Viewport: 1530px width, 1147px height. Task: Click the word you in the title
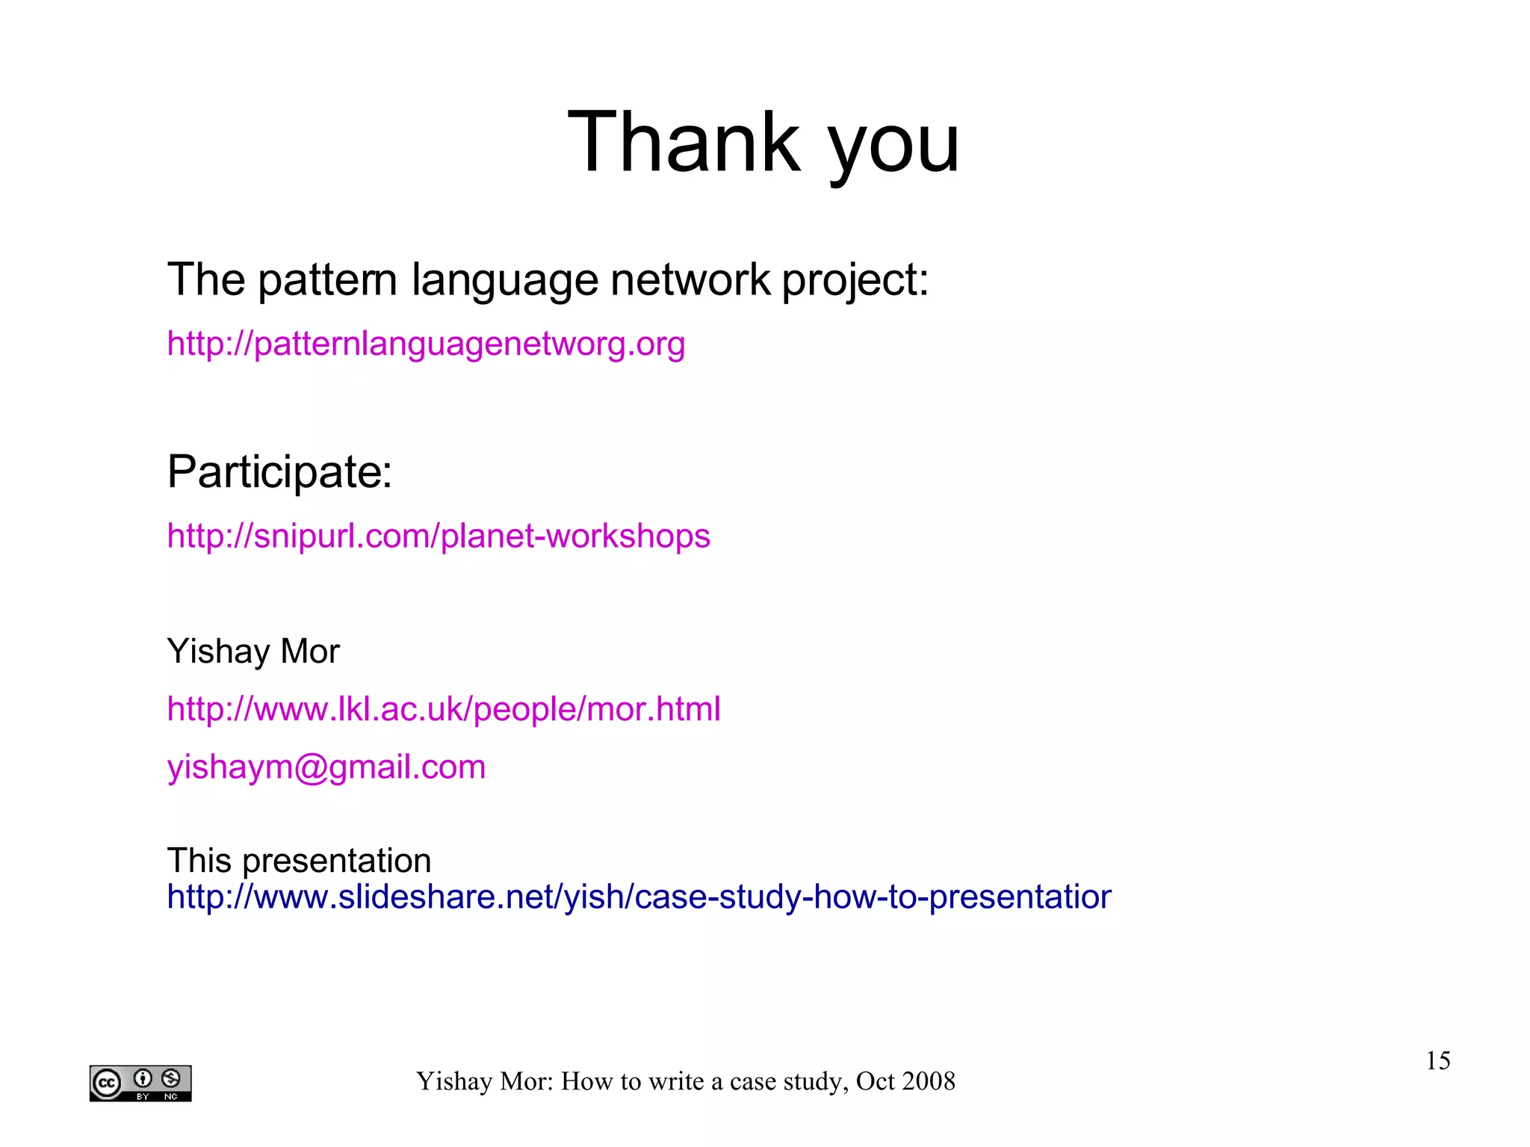pyautogui.click(x=893, y=146)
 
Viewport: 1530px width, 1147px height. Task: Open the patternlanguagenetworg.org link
pyautogui.click(x=426, y=344)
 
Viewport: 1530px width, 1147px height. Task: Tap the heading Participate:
pyautogui.click(x=279, y=472)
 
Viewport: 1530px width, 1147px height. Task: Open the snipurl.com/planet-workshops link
pyautogui.click(x=439, y=536)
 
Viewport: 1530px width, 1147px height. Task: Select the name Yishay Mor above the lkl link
pyautogui.click(x=253, y=651)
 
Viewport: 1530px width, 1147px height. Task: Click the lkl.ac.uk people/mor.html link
pyautogui.click(x=444, y=708)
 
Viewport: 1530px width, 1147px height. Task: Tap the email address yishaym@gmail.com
pyautogui.click(x=326, y=767)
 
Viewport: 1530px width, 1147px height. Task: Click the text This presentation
pyautogui.click(x=299, y=860)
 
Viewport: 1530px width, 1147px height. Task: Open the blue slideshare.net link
pyautogui.click(x=639, y=897)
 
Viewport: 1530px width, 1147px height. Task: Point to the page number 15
pyautogui.click(x=1437, y=1060)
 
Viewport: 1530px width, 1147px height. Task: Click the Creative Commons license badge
pyautogui.click(x=140, y=1083)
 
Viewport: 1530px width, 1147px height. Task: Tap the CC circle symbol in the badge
pyautogui.click(x=107, y=1083)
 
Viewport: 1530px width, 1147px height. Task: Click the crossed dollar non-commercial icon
pyautogui.click(x=171, y=1078)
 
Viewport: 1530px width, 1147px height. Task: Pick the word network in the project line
pyautogui.click(x=690, y=280)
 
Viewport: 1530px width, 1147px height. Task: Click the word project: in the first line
pyautogui.click(x=855, y=280)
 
